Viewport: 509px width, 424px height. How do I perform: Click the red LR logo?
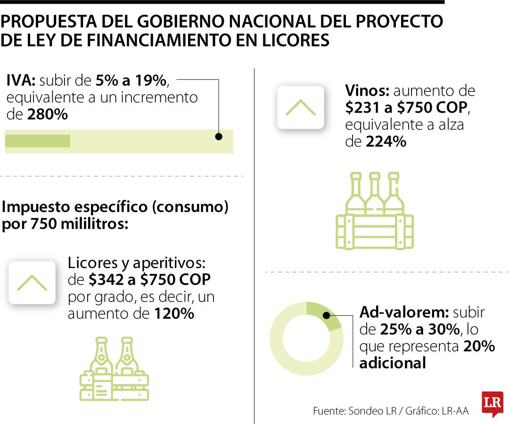click(x=493, y=404)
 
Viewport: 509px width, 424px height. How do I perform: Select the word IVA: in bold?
click(x=19, y=81)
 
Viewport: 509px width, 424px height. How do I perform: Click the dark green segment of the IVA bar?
click(x=38, y=141)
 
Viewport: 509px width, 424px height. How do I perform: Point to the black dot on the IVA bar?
click(x=219, y=137)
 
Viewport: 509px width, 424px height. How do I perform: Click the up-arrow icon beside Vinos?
click(x=300, y=107)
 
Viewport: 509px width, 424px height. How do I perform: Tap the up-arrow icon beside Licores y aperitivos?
click(x=32, y=282)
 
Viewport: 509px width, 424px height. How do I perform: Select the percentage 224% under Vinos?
click(x=386, y=142)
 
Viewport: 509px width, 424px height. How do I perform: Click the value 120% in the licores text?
click(x=174, y=314)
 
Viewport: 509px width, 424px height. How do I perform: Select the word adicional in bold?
click(x=393, y=363)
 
